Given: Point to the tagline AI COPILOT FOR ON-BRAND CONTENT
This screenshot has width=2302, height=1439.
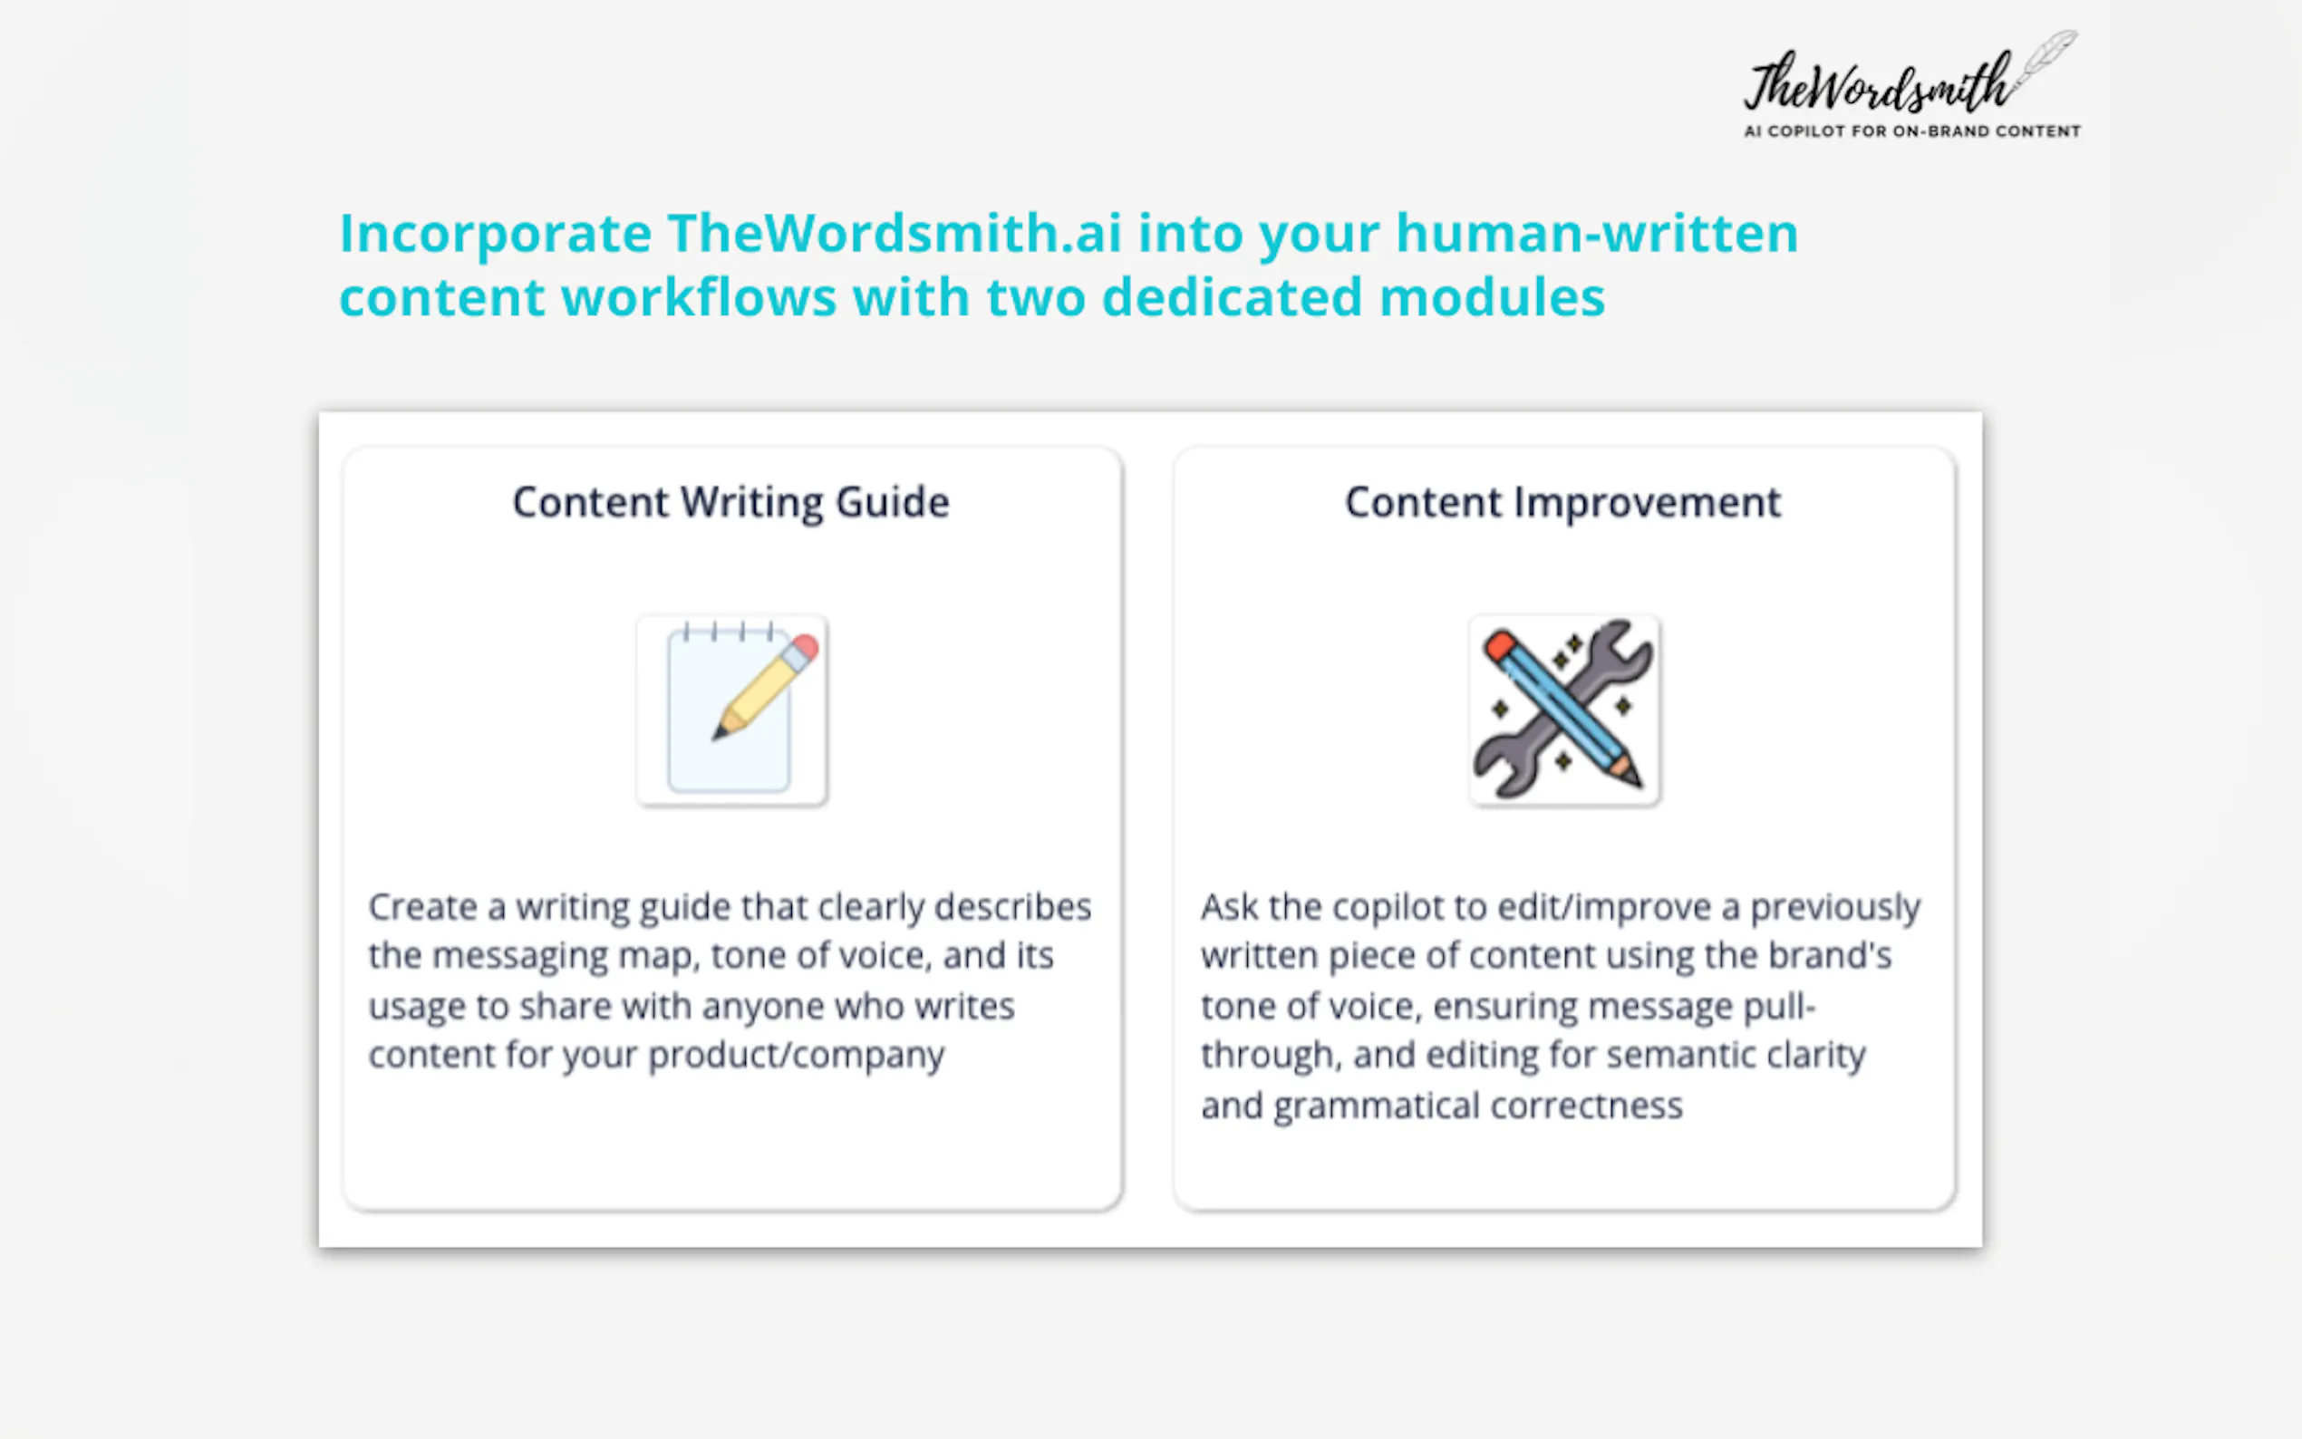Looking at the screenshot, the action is tap(1911, 131).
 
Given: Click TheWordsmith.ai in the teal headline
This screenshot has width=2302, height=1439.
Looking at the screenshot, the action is tap(895, 232).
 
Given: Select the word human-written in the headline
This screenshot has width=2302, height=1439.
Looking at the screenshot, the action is tap(1597, 232).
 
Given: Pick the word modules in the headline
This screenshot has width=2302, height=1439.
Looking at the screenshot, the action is tap(1492, 297).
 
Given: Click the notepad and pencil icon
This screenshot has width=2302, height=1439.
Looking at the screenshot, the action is tap(731, 710).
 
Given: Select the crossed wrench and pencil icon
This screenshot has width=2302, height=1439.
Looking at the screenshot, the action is tap(1564, 710).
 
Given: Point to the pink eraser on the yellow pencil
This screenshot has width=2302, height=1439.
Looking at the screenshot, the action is tap(805, 648).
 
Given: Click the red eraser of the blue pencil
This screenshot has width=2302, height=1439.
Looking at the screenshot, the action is tap(1500, 645).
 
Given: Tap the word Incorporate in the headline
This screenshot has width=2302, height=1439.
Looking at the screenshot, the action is tap(496, 234).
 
